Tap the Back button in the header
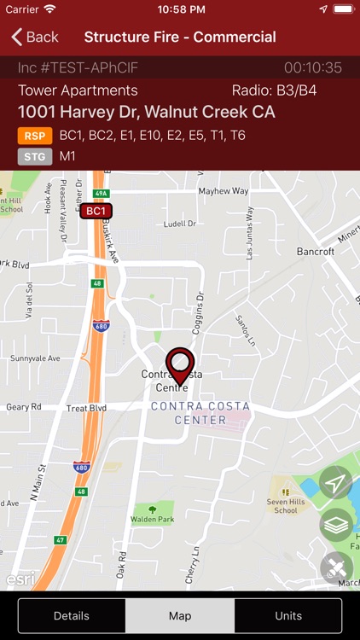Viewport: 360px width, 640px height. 35,37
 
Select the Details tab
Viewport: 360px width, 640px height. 72,615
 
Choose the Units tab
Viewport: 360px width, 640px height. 288,615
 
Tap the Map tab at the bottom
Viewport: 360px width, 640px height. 180,615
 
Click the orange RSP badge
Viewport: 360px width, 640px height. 35,136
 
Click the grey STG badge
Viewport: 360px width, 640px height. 35,156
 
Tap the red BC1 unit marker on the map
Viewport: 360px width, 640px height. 96,211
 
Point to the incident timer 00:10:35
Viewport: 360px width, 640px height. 313,67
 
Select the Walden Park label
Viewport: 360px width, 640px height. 152,519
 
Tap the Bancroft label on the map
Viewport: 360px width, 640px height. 315,252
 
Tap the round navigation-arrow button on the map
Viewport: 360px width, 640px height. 336,484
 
